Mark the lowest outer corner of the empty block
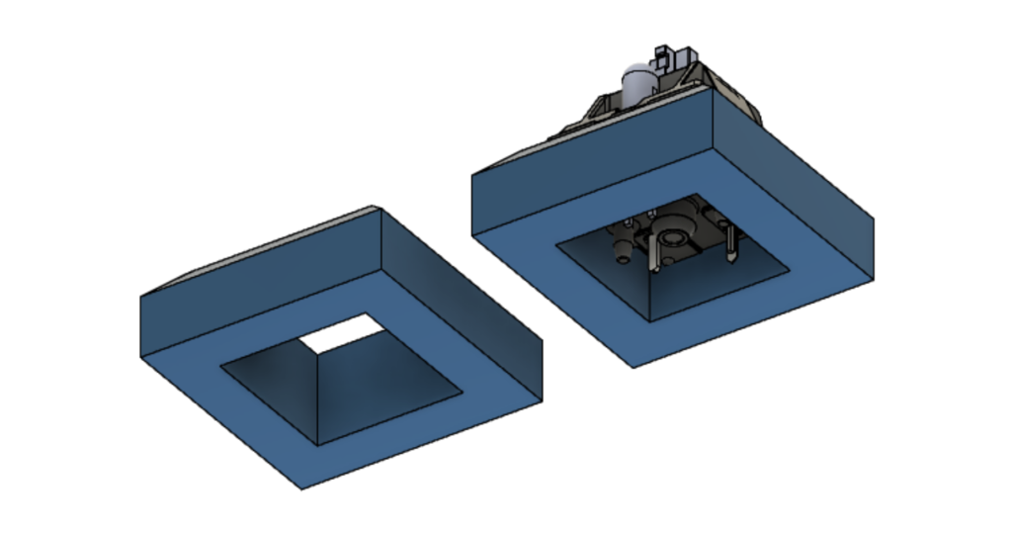pos(303,489)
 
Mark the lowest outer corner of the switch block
pos(633,367)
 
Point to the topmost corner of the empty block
pos(374,207)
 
